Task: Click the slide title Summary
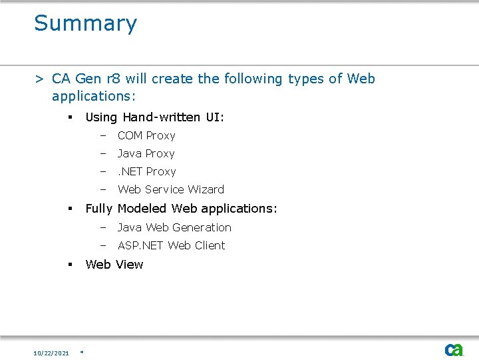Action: (85, 23)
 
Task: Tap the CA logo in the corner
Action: (454, 349)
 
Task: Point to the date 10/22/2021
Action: (51, 352)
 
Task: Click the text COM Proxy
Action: (146, 135)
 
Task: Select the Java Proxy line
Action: (146, 153)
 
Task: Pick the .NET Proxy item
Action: (146, 171)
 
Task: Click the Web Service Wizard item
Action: (171, 189)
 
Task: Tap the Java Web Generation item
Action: (174, 227)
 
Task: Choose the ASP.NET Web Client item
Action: (171, 245)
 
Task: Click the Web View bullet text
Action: (114, 265)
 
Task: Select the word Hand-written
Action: (160, 117)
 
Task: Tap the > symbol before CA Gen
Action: (40, 79)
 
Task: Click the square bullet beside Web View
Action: (69, 265)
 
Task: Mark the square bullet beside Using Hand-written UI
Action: (69, 117)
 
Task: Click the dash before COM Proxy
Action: (104, 135)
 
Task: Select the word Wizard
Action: (207, 189)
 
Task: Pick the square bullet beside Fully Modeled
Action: (69, 209)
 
